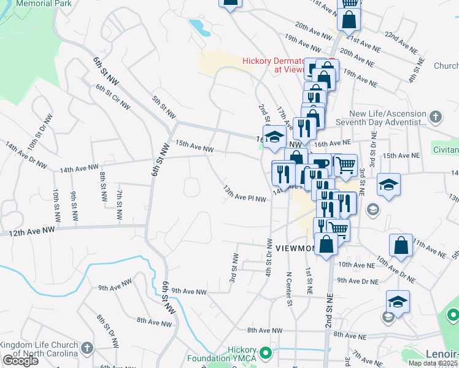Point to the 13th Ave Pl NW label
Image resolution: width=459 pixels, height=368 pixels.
pyautogui.click(x=244, y=194)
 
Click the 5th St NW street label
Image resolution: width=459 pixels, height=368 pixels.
pyautogui.click(x=164, y=107)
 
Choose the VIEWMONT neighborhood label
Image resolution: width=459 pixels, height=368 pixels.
pyautogui.click(x=296, y=248)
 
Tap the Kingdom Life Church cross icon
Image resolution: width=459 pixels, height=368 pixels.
pyautogui.click(x=87, y=348)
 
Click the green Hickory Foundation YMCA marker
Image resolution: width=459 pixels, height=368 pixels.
pyautogui.click(x=266, y=353)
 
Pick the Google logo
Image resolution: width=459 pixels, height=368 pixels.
pyautogui.click(x=20, y=361)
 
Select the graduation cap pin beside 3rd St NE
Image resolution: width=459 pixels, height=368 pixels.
pyautogui.click(x=388, y=185)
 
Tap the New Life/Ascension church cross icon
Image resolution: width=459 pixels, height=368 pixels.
pyautogui.click(x=435, y=117)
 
